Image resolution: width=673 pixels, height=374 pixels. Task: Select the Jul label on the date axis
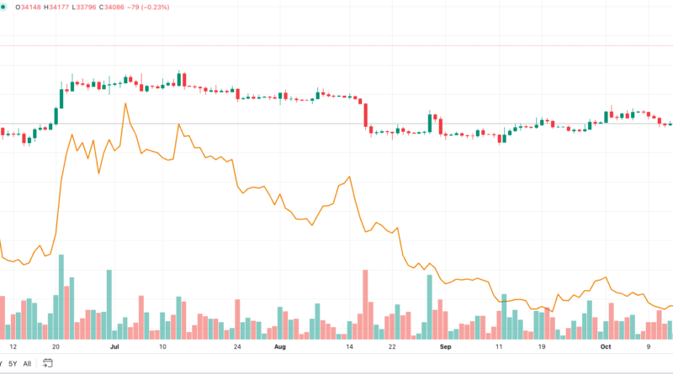(114, 345)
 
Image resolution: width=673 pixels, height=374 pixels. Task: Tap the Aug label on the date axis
(280, 345)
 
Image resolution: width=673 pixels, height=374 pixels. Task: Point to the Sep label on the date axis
(446, 345)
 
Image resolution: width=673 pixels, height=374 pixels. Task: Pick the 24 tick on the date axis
(238, 345)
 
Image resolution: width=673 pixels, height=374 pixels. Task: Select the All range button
(27, 363)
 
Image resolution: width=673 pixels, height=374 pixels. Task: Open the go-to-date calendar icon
(48, 363)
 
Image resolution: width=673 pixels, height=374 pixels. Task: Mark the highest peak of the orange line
(125, 103)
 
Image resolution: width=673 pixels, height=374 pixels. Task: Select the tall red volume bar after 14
(365, 303)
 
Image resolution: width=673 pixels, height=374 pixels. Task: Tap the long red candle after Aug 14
(366, 115)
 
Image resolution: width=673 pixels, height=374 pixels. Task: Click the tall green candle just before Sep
(430, 123)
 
